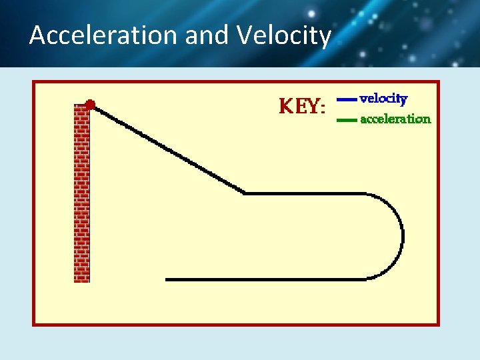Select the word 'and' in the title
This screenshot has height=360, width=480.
click(x=205, y=35)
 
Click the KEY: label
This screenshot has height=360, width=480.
click(x=302, y=106)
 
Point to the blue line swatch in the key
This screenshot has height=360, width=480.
click(x=347, y=99)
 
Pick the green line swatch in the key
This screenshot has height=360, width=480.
click(x=347, y=120)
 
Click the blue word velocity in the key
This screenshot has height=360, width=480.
click(x=383, y=98)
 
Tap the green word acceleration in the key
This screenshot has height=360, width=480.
click(x=395, y=119)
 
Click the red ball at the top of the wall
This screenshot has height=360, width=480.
click(x=90, y=105)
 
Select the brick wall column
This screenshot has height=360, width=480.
click(x=81, y=193)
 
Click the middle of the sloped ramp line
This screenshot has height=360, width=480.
click(x=167, y=149)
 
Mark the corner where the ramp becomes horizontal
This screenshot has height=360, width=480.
click(x=245, y=193)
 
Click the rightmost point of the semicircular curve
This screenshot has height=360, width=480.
click(x=403, y=236)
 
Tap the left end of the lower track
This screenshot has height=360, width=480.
click(x=167, y=279)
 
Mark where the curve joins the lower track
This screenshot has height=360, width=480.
click(x=365, y=279)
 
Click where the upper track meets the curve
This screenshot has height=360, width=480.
click(x=365, y=193)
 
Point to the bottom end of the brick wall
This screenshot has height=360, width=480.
click(x=81, y=280)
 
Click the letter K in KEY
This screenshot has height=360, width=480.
click(x=285, y=106)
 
